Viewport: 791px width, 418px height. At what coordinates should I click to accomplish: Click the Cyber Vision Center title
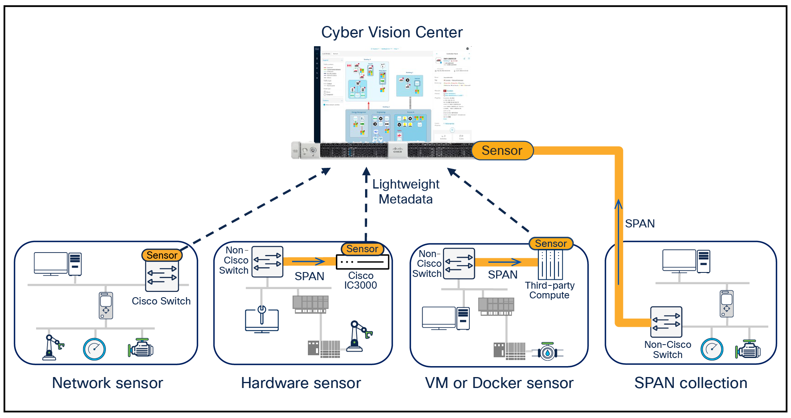(x=392, y=32)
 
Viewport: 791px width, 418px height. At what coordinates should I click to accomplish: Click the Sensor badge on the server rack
(x=502, y=151)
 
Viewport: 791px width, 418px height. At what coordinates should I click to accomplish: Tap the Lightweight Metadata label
(x=406, y=192)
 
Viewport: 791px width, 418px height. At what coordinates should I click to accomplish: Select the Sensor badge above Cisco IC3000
(x=362, y=249)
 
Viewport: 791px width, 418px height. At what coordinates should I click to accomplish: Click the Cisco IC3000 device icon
(x=362, y=262)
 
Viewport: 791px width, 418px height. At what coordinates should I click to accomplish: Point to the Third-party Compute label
(x=549, y=290)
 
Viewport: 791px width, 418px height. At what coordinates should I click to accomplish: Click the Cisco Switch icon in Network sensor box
(x=162, y=276)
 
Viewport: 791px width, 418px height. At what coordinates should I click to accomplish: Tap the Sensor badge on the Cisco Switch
(x=162, y=255)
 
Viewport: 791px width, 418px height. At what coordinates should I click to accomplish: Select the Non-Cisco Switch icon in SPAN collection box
(x=666, y=322)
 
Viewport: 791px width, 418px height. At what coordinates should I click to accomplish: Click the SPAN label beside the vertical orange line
(x=639, y=224)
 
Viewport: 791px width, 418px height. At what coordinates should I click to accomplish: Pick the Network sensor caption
(x=107, y=383)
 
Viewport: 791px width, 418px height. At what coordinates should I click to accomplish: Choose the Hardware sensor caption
(x=301, y=383)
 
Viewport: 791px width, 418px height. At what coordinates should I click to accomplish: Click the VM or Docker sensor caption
(x=499, y=383)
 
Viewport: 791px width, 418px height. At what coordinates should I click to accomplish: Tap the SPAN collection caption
(x=690, y=383)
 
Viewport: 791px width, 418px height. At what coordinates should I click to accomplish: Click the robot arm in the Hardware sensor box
(x=359, y=336)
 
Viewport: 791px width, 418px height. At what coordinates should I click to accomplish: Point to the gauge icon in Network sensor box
(x=94, y=349)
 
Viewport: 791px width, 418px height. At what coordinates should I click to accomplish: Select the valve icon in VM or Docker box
(x=548, y=352)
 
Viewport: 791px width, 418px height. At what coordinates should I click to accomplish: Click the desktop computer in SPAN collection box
(x=686, y=262)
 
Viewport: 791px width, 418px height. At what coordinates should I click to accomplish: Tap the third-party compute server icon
(x=550, y=264)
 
